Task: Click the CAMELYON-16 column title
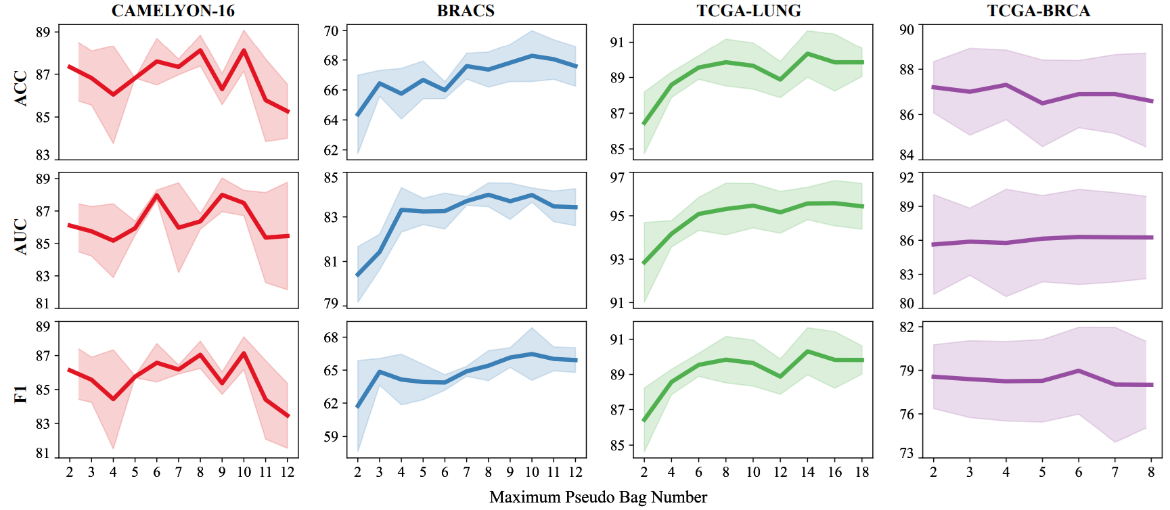173,11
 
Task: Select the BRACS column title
466,11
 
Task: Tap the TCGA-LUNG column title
748,11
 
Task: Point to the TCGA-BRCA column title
1038,11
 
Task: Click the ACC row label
21,88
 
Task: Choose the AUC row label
21,236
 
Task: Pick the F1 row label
21,394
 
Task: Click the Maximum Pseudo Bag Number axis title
598,497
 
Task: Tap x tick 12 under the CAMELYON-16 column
288,472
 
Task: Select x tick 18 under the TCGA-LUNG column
861,472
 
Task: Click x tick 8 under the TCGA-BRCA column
1151,472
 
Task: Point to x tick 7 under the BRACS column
466,472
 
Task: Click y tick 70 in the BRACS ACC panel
331,30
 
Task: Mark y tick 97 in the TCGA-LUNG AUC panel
617,178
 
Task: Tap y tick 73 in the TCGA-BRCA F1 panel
907,453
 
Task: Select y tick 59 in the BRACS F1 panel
331,437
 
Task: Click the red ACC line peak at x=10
244,50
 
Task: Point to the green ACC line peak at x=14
807,53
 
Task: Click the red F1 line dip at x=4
113,399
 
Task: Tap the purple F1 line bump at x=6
1079,371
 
